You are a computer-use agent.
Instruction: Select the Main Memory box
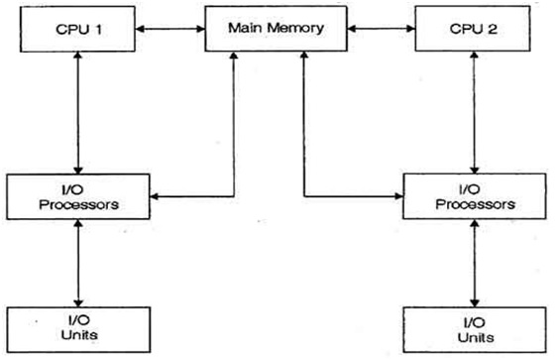pyautogui.click(x=277, y=29)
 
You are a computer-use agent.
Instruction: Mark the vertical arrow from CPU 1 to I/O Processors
pyautogui.click(x=77, y=114)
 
